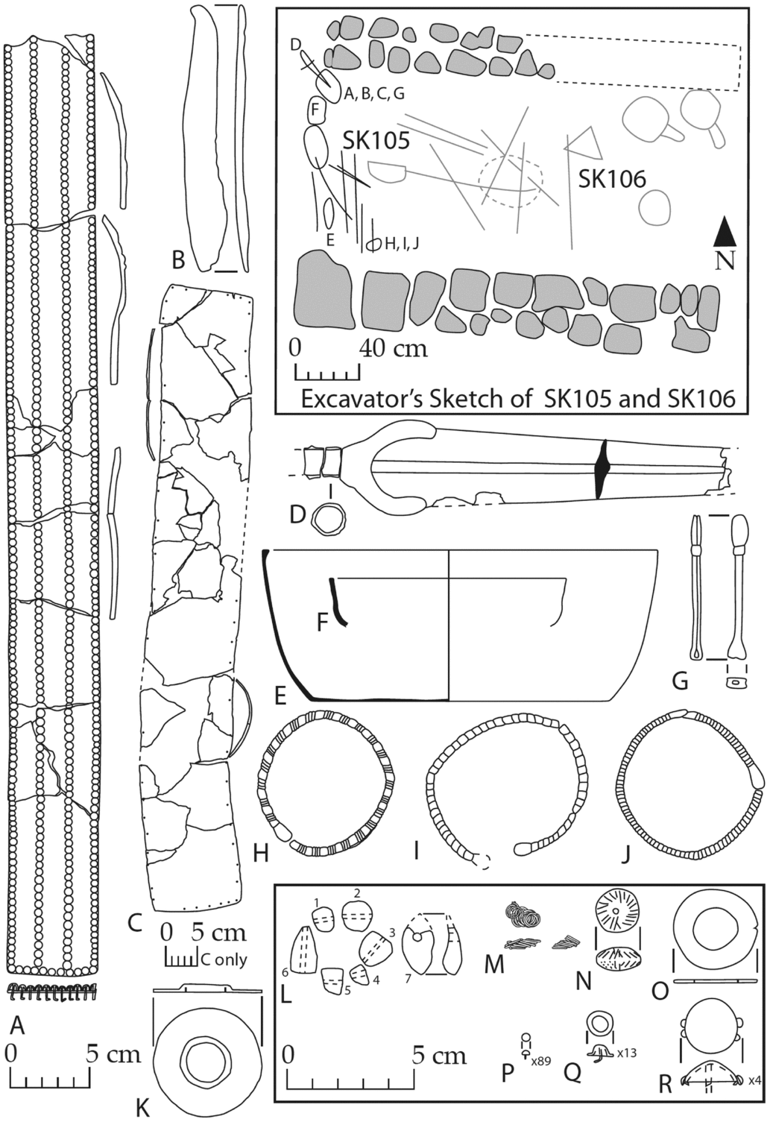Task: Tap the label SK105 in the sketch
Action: coord(376,140)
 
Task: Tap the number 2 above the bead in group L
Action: coord(357,893)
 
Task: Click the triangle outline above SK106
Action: coord(586,144)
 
